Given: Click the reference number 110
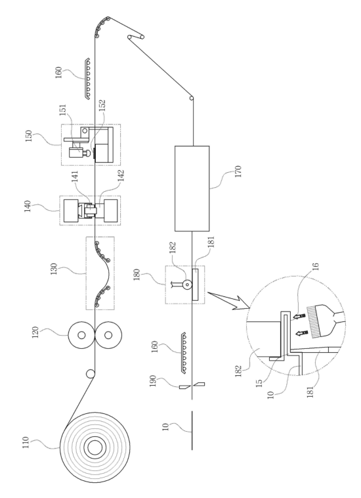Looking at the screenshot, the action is (26, 442).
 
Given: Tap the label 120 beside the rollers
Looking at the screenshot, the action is (35, 332).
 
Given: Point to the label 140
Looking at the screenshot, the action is (28, 206).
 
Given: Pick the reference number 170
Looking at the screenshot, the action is (238, 171).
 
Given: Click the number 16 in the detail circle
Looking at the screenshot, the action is (316, 266).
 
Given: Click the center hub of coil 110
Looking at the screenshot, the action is (95, 448).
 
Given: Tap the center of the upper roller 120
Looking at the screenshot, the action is (81, 335).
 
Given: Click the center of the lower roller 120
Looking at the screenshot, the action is (108, 335).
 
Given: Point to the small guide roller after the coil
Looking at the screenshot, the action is (91, 374).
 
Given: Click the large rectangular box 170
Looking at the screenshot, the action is (192, 189).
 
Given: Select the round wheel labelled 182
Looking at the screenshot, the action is (188, 284).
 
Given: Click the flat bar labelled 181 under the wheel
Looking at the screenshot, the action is (195, 284).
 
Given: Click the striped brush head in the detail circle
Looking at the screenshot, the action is (316, 322).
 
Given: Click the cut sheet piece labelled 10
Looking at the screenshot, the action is (192, 430).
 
